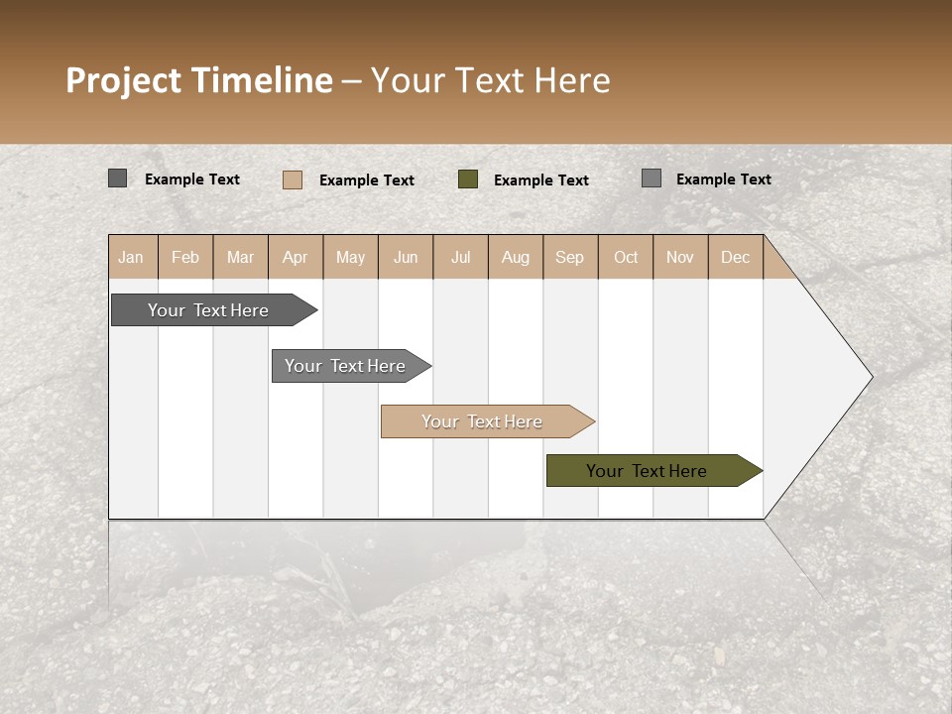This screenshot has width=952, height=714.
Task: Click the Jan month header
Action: (131, 257)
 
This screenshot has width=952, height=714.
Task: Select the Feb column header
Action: (185, 257)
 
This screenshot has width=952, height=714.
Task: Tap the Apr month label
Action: (295, 257)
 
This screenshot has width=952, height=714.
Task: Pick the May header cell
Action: (350, 257)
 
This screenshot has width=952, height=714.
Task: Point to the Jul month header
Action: (460, 257)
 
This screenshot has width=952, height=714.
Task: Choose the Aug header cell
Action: (515, 257)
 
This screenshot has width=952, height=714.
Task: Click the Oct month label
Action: (626, 257)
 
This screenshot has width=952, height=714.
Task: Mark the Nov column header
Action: (680, 257)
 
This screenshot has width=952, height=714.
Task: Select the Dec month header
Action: (735, 257)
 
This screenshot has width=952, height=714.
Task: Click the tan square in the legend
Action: (293, 179)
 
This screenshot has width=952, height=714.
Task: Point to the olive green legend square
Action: (468, 179)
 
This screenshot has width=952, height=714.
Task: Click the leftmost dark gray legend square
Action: (117, 178)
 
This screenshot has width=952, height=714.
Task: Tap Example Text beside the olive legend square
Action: (541, 180)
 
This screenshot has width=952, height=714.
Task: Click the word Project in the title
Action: (124, 80)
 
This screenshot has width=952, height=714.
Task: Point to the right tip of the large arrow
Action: (871, 377)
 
